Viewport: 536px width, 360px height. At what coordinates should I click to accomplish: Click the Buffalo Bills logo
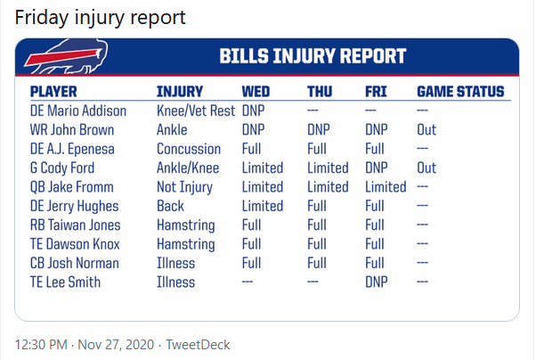[x=66, y=57]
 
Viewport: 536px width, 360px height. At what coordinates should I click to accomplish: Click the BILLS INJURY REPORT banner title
[x=313, y=56]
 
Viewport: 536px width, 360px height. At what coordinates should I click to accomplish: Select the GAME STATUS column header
[x=460, y=92]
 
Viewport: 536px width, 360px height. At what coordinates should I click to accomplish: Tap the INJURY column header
[x=180, y=92]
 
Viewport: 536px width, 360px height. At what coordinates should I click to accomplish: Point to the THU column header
[x=320, y=92]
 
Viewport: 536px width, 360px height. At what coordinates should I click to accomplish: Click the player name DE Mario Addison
[x=78, y=110]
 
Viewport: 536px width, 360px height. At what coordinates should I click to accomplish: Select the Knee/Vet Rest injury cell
[x=196, y=110]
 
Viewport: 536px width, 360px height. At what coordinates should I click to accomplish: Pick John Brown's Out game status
[x=426, y=130]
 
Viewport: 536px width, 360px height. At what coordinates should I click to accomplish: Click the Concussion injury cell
[x=189, y=149]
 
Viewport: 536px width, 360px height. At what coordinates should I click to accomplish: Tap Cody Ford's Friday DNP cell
[x=377, y=168]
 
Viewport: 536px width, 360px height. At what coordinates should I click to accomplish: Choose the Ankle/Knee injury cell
[x=188, y=168]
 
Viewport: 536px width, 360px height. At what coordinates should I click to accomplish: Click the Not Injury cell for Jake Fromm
[x=184, y=187]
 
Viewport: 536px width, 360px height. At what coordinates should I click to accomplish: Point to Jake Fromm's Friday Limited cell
[x=386, y=187]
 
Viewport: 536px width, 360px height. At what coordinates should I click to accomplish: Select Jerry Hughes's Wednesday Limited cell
[x=263, y=206]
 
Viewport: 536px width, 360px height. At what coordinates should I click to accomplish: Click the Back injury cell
[x=170, y=206]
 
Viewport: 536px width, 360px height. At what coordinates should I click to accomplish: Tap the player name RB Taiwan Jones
[x=75, y=225]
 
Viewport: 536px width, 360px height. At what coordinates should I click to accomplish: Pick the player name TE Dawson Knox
[x=75, y=244]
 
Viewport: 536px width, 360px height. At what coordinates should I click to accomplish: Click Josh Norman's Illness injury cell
[x=175, y=263]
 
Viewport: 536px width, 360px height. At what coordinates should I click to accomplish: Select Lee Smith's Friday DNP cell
[x=377, y=282]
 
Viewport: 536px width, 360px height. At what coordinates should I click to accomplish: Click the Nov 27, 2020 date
[x=116, y=345]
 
